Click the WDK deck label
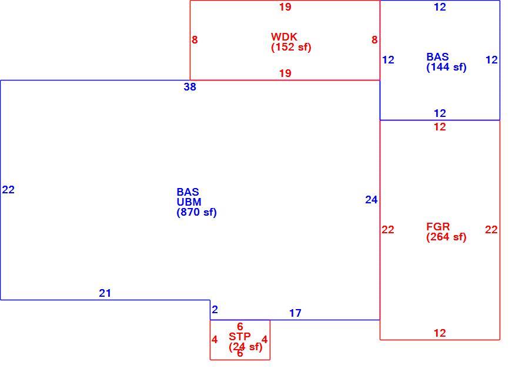(x=284, y=36)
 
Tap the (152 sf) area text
(x=291, y=47)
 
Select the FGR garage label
(x=438, y=226)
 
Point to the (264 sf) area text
(x=446, y=237)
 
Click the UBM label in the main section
(x=189, y=202)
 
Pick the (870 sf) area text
(x=196, y=212)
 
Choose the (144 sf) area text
(x=446, y=67)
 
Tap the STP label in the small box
(x=240, y=336)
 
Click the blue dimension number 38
(x=190, y=87)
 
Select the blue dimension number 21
(x=105, y=293)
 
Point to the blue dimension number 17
(x=295, y=313)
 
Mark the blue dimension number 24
(x=371, y=200)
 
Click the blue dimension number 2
(x=215, y=309)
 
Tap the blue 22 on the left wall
(x=8, y=190)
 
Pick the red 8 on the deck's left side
(x=195, y=40)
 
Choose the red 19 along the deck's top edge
(x=285, y=6)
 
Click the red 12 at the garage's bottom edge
(x=440, y=333)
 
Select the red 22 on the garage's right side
(x=491, y=230)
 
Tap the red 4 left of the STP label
(x=215, y=340)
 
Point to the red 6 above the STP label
(x=240, y=326)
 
